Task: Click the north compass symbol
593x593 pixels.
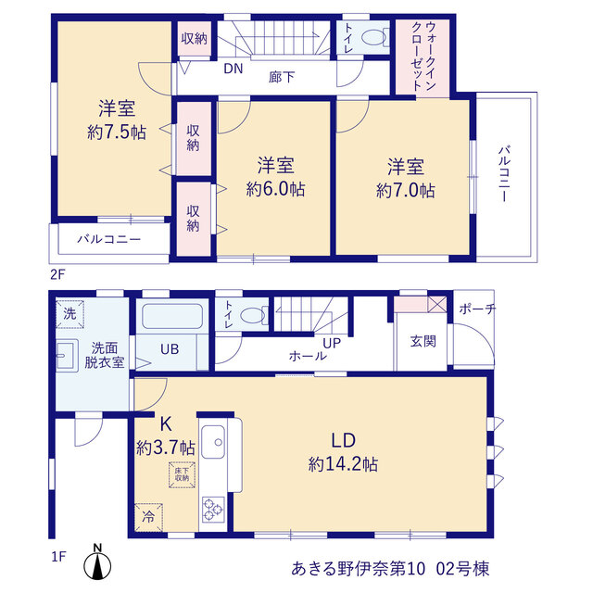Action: [97, 562]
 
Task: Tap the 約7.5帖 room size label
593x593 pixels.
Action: [117, 132]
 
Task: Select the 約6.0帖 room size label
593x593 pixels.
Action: [275, 189]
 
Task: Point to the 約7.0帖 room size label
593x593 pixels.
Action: [406, 190]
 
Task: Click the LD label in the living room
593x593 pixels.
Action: [344, 441]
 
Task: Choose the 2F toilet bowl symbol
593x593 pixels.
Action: [373, 38]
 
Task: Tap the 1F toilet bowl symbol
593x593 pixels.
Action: [253, 315]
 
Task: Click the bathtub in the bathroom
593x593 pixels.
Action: [172, 316]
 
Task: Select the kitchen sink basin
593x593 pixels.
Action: [213, 442]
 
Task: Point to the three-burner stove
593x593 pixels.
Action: [213, 510]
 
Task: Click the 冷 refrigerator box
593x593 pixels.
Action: [148, 517]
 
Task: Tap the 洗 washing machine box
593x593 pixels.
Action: [70, 314]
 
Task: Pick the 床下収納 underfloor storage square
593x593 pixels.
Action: [182, 474]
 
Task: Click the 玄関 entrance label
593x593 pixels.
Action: [423, 341]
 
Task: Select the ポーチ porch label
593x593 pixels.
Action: [476, 309]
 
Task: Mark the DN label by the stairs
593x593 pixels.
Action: [233, 69]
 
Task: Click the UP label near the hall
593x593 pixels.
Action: [332, 343]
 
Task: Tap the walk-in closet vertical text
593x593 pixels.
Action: [423, 56]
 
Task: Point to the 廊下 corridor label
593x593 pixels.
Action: [282, 77]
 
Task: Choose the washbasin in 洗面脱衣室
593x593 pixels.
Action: [67, 356]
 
